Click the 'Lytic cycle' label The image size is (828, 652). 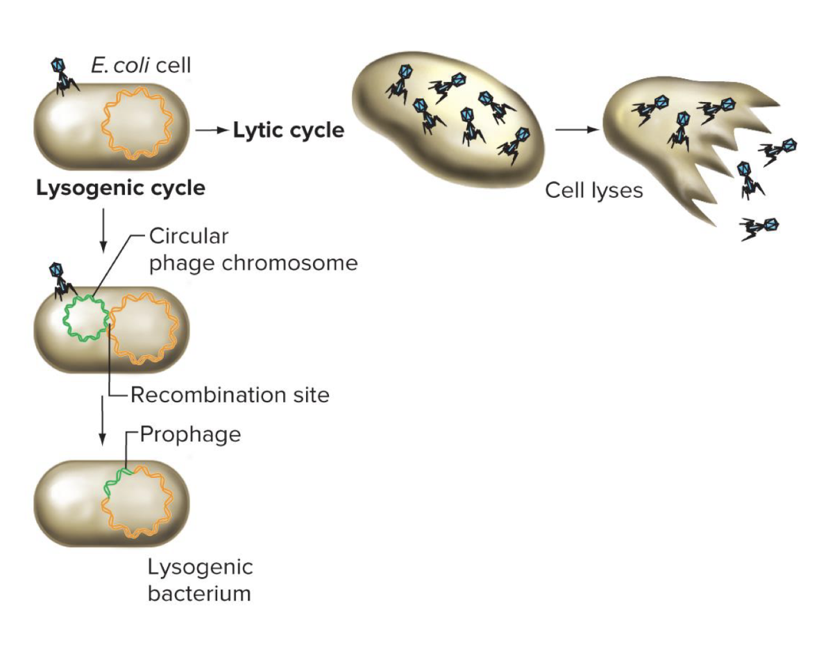(288, 130)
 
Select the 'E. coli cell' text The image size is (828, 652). (140, 66)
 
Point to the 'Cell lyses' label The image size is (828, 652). (593, 190)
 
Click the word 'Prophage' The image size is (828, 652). (190, 434)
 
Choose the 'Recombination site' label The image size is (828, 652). (230, 395)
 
